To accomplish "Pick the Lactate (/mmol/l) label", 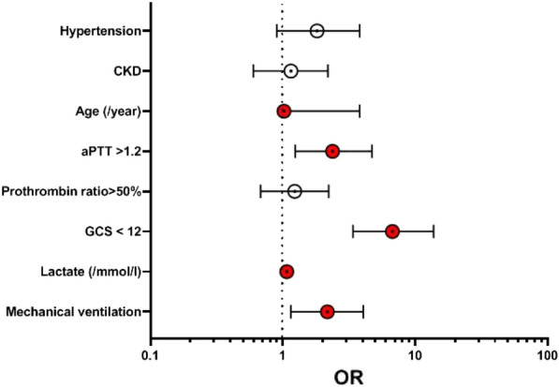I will click(x=92, y=272).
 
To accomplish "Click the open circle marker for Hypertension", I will click(x=316, y=31).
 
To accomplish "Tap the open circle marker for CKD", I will click(x=290, y=71).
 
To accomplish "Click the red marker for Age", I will click(x=284, y=112).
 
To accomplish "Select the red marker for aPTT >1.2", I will click(x=331, y=151).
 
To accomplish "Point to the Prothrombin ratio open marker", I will click(x=294, y=191).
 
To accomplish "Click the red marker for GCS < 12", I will click(x=392, y=231).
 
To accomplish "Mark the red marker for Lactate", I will click(x=287, y=272).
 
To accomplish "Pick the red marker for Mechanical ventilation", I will click(x=327, y=311).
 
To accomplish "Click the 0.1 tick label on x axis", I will click(x=150, y=355).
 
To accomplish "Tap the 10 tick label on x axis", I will click(x=414, y=355).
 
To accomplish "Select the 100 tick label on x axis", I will click(x=546, y=355).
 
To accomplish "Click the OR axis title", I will click(x=348, y=376).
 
